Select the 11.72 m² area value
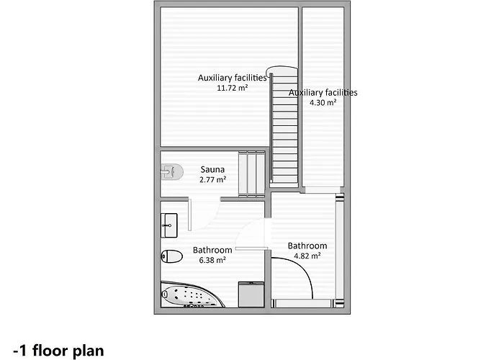pyautogui.click(x=232, y=88)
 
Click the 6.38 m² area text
pyautogui.click(x=212, y=260)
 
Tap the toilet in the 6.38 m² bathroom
pyautogui.click(x=172, y=256)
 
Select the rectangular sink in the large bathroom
pyautogui.click(x=168, y=225)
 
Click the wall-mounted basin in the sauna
pyautogui.click(x=168, y=171)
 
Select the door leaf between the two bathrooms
pyautogui.click(x=251, y=248)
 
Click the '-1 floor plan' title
pyautogui.click(x=63, y=350)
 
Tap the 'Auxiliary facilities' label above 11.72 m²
pyautogui.click(x=232, y=78)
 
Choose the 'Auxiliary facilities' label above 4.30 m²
pyautogui.click(x=323, y=93)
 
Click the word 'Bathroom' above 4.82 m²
pyautogui.click(x=307, y=246)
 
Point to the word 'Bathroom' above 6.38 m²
pyautogui.click(x=212, y=251)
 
